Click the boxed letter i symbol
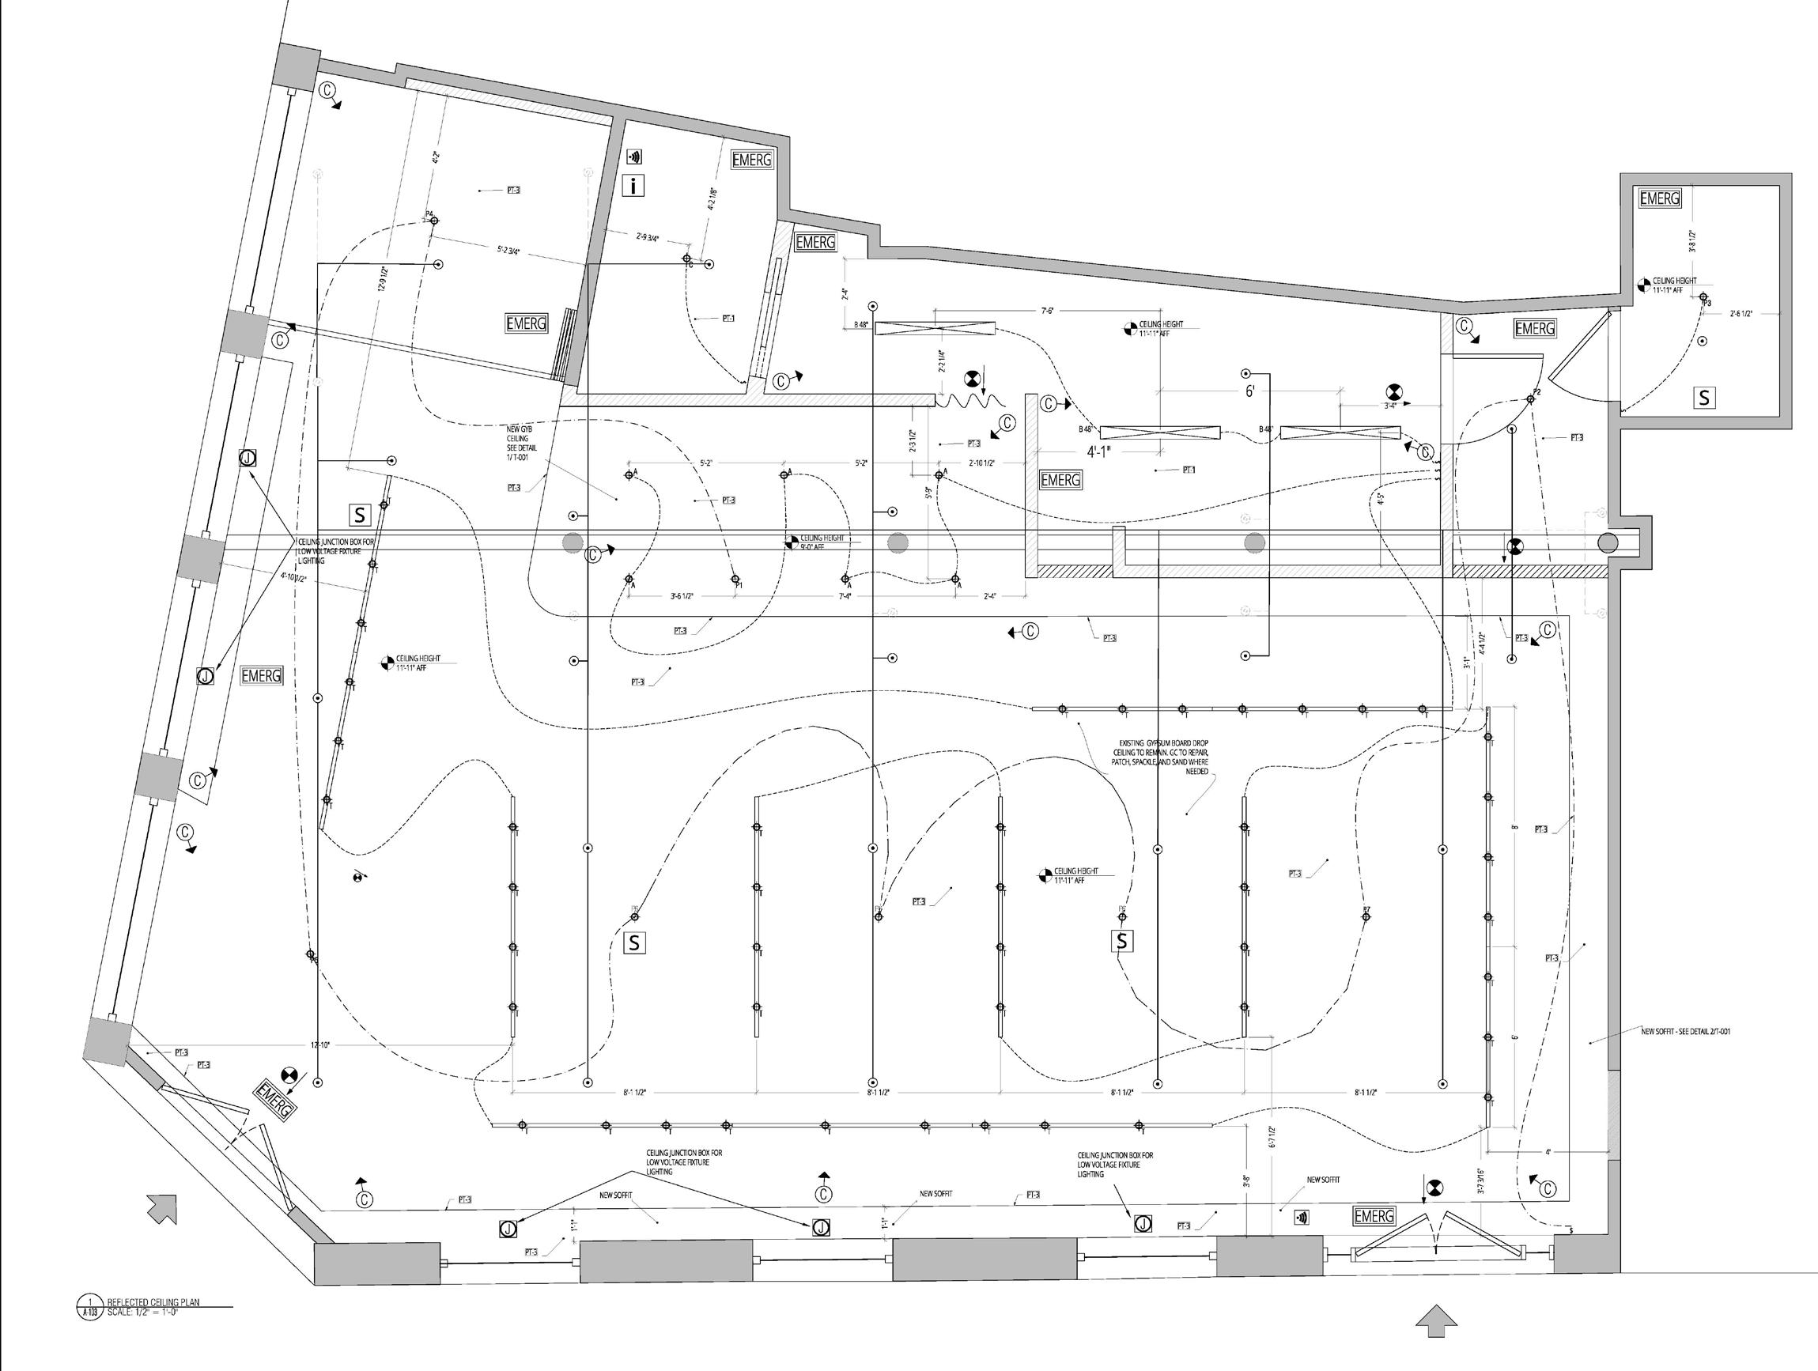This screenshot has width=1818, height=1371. point(633,186)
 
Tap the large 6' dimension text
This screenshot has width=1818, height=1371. point(1249,392)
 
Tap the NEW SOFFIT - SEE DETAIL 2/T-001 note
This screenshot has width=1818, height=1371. point(1685,1032)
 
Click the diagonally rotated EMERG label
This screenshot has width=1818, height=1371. point(274,1099)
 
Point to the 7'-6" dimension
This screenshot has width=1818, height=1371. point(1047,311)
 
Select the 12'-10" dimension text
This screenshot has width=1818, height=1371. point(319,1044)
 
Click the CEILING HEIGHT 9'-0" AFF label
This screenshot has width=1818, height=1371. point(822,542)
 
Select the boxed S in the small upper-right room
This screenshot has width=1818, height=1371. point(1705,398)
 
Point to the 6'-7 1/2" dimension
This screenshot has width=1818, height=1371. point(1272,1137)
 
